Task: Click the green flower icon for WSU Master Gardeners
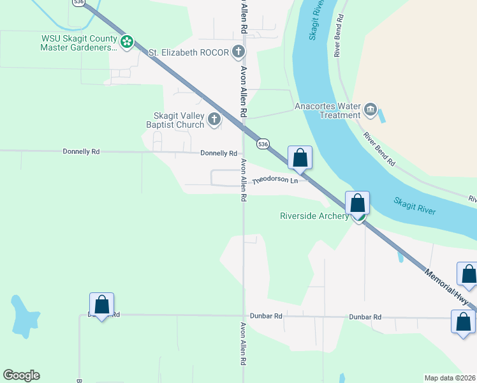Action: point(127,42)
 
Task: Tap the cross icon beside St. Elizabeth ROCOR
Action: point(238,52)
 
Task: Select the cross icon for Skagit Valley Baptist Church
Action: point(214,119)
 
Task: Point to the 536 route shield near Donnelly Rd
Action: point(263,144)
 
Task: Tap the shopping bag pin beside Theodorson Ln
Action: point(300,158)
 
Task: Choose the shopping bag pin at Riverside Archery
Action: point(358,204)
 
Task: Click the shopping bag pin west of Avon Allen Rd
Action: point(101,306)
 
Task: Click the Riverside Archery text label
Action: point(314,216)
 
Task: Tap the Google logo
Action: point(21,375)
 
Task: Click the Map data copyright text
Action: point(450,378)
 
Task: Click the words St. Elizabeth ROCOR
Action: point(188,52)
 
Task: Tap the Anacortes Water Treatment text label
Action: point(327,110)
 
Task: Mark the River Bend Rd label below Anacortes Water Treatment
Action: point(380,149)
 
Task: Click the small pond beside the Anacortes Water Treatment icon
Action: point(382,116)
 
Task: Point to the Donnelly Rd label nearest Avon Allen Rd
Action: point(218,153)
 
